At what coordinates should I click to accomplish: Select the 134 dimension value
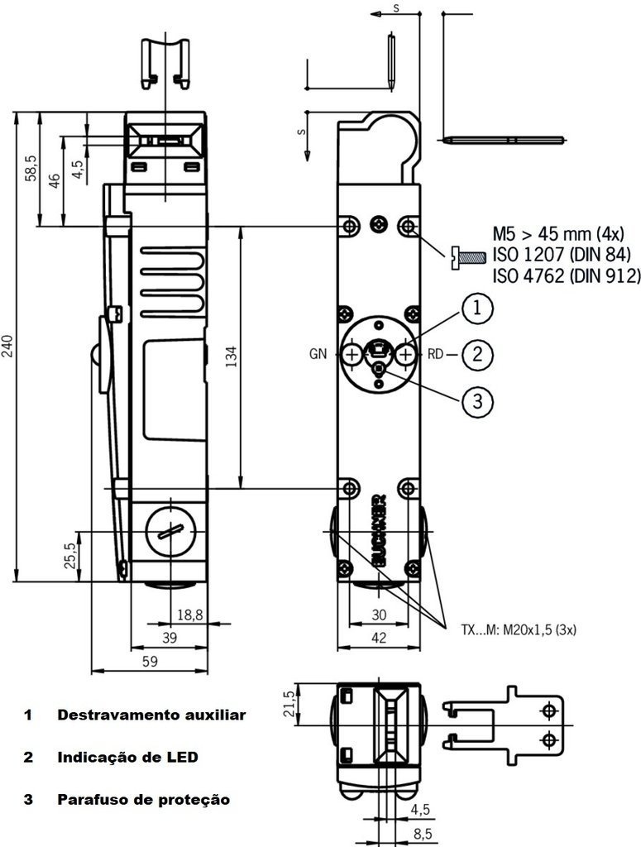click(x=232, y=356)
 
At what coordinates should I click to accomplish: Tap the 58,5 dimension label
click(x=31, y=168)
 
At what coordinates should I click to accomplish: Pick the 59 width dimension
click(x=151, y=662)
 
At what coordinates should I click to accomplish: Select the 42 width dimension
click(x=378, y=638)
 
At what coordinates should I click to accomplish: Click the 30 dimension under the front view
click(x=378, y=614)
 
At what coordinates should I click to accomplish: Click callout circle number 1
click(x=476, y=310)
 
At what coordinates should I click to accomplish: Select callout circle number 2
click(x=476, y=355)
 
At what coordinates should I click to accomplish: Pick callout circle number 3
click(x=476, y=401)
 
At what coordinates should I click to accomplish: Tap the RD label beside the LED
click(x=436, y=355)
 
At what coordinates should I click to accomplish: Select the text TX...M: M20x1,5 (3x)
click(x=519, y=629)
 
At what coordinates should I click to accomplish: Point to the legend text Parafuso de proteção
click(x=142, y=800)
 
